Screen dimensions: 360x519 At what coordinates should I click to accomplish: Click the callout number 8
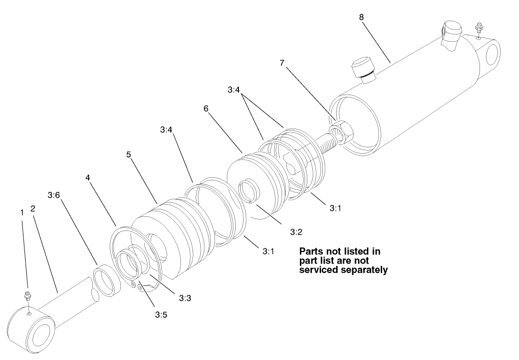tap(361, 17)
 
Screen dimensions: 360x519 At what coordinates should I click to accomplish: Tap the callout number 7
tap(282, 62)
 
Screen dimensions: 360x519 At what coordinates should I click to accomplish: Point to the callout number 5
tap(129, 154)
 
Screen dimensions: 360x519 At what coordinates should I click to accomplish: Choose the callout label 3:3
tap(185, 298)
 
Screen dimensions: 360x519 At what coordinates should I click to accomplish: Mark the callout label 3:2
tap(296, 232)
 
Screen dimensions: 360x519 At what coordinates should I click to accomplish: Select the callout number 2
tap(33, 208)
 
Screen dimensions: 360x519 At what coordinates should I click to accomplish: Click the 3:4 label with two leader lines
tap(233, 90)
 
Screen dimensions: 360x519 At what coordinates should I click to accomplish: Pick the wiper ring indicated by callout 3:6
tap(107, 280)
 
